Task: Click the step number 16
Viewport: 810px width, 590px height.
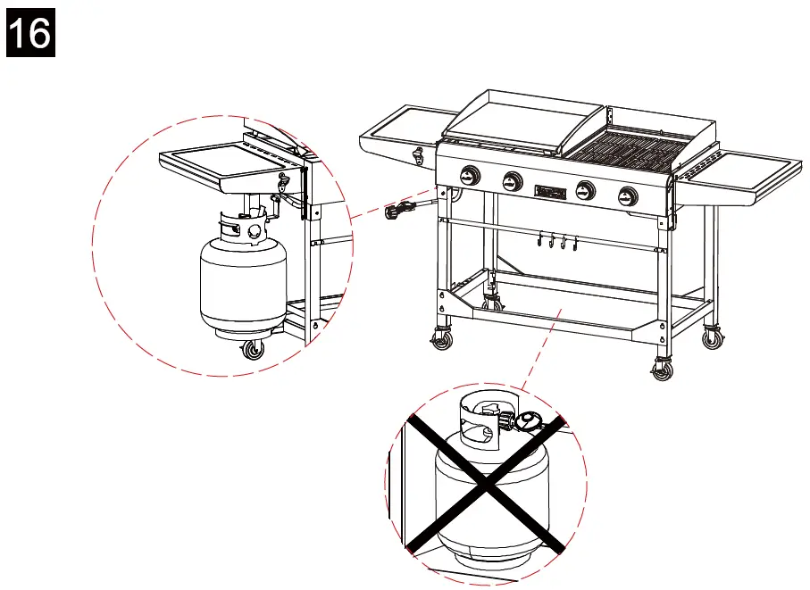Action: pos(31,35)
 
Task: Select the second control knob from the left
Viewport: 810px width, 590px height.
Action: pos(512,180)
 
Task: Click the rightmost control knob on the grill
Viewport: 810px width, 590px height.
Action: pos(628,195)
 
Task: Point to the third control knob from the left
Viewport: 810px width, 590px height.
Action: pos(586,190)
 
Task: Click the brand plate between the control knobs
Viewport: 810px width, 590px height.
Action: pos(547,190)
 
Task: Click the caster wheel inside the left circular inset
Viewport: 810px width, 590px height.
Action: pos(254,349)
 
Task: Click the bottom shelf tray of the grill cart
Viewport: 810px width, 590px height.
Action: pos(572,309)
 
